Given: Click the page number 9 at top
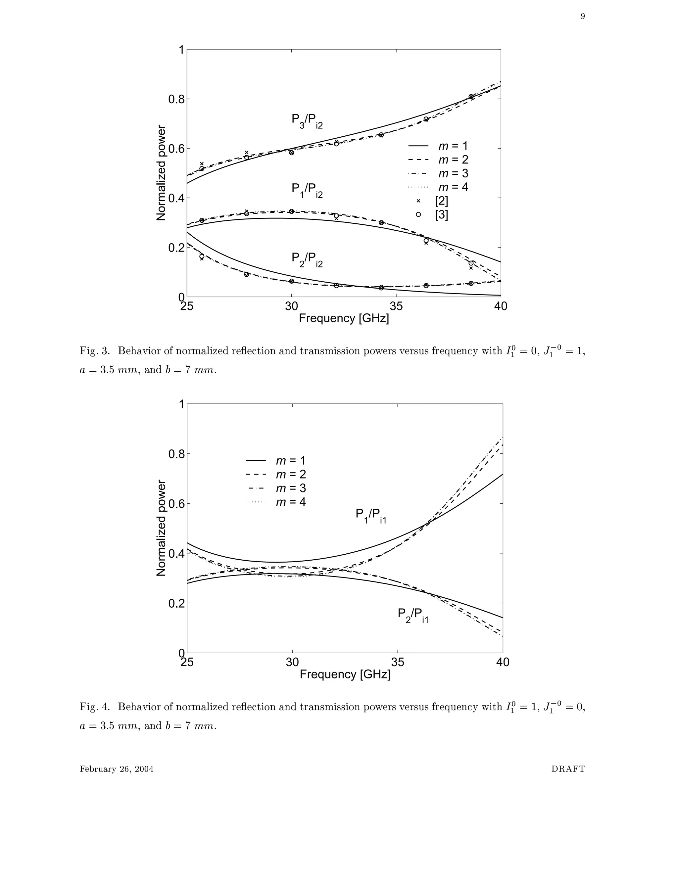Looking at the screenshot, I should click(582, 17).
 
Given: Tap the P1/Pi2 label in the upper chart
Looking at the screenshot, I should click(307, 190).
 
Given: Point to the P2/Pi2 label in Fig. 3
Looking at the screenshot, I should click(307, 259).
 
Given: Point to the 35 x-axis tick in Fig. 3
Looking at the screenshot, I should click(396, 306).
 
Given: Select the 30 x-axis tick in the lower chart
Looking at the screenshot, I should click(292, 662).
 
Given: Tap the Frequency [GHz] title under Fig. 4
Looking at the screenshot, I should click(345, 674).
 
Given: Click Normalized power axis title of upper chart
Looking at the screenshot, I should click(161, 173).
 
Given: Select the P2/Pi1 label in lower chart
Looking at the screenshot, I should click(413, 615).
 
